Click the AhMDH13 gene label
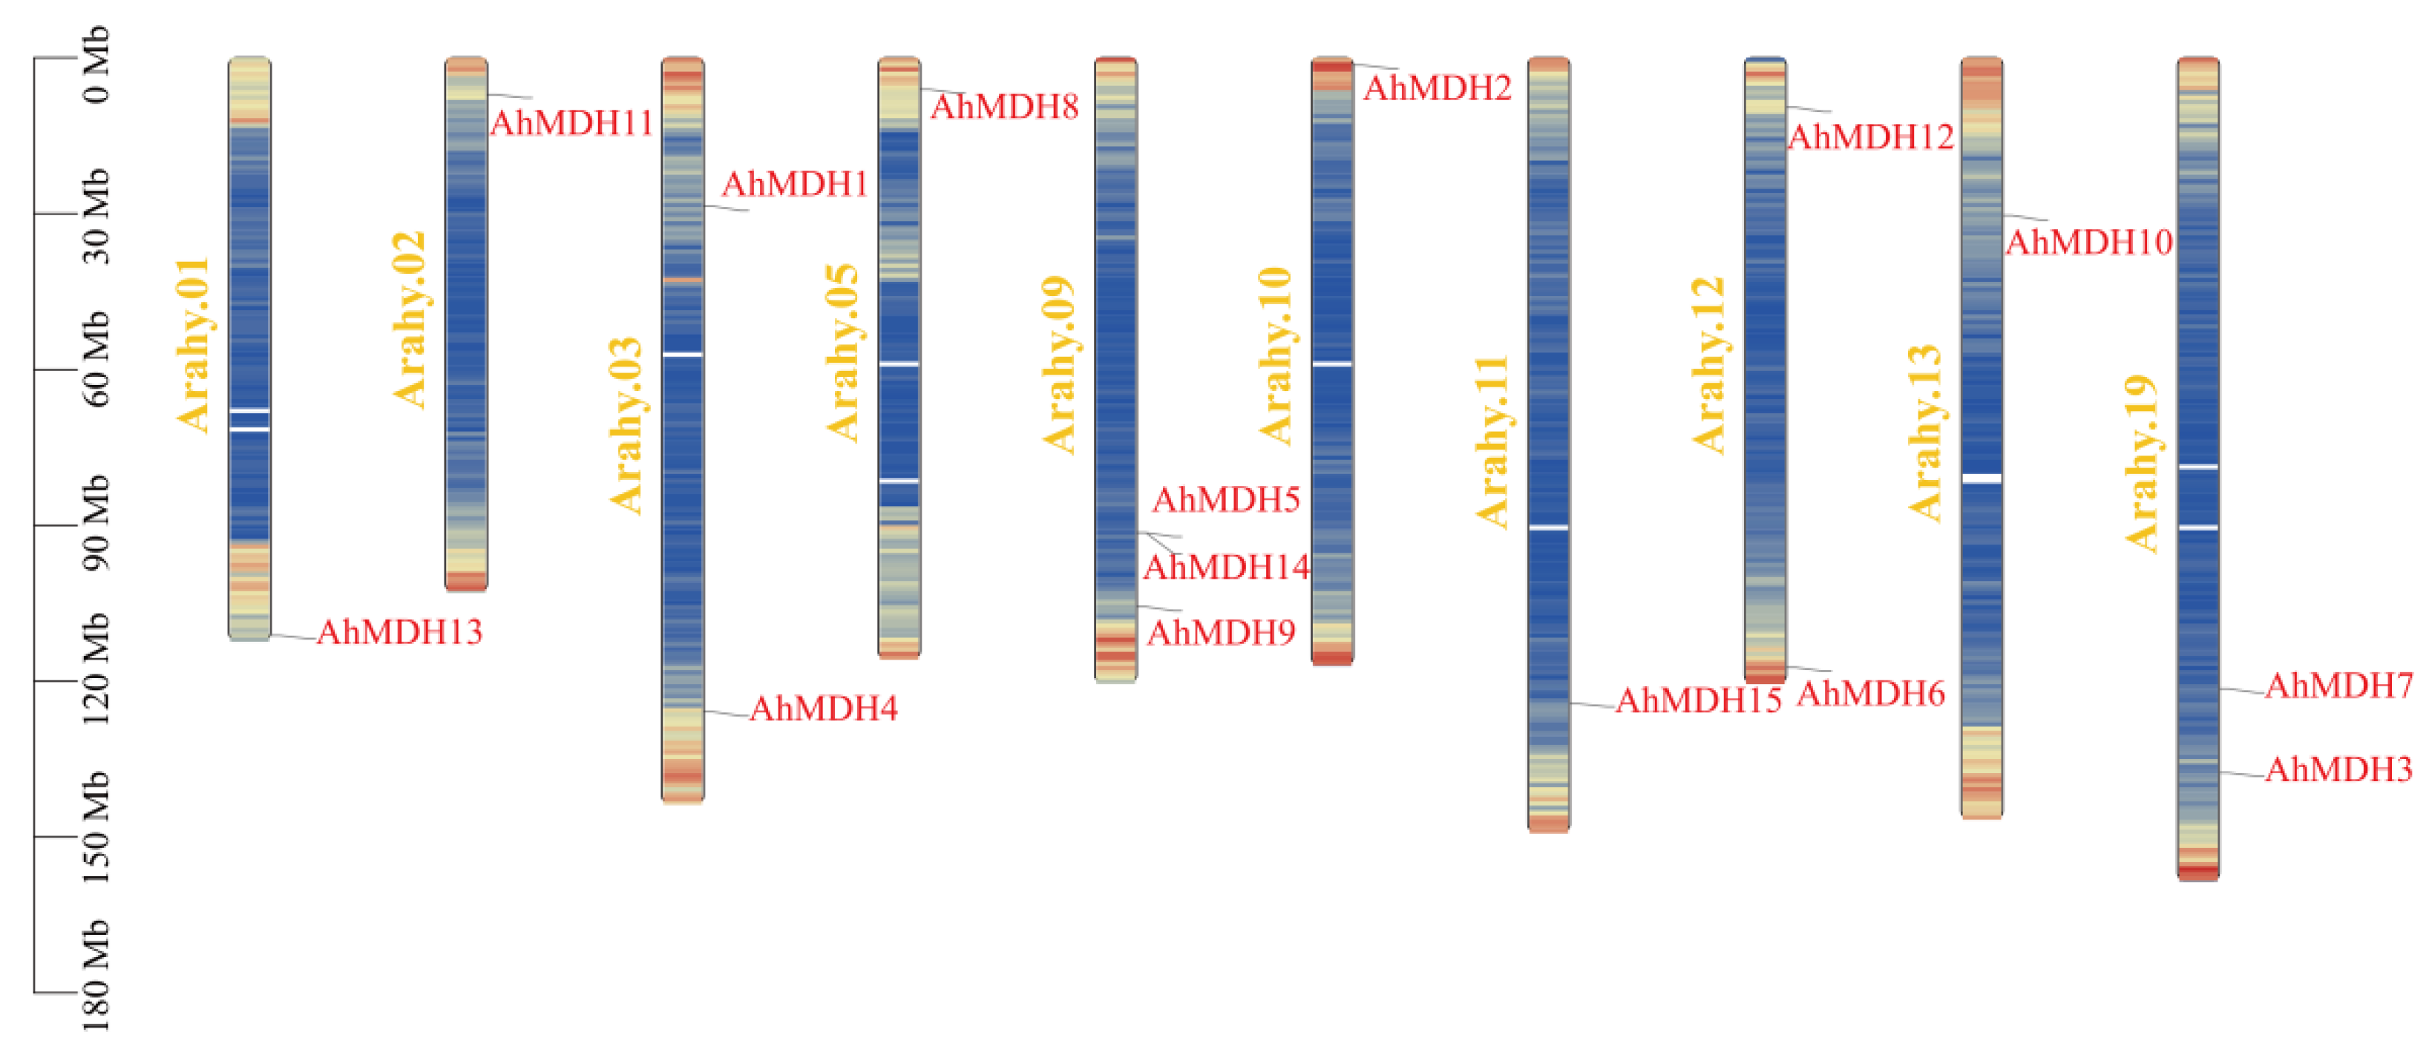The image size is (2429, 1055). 400,631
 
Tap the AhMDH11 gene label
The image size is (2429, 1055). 571,123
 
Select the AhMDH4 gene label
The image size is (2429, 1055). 823,709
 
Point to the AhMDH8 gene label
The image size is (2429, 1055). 1004,108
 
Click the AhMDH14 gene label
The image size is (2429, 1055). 1226,568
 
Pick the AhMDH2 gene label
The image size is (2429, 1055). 1437,88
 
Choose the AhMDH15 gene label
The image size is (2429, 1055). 1698,700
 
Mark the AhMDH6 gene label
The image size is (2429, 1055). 1871,694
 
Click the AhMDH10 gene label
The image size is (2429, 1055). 2088,243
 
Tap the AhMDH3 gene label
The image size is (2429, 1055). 2338,770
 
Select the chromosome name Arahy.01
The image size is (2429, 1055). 193,345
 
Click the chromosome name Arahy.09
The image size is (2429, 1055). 1059,365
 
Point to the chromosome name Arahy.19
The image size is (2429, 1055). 2143,463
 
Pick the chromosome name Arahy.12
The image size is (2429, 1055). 1708,365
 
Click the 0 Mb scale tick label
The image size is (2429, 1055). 96,63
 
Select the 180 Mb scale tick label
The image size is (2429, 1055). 96,976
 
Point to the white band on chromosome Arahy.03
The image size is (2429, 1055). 683,355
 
